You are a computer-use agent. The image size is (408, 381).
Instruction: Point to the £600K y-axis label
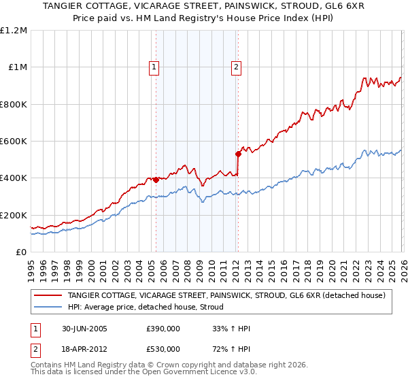coord(14,142)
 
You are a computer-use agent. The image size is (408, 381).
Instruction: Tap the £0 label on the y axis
coord(22,252)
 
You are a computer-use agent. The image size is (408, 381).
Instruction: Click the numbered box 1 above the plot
coord(155,67)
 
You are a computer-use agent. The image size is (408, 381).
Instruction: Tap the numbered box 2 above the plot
coord(236,67)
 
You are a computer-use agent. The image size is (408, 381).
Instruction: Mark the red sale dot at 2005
coord(156,180)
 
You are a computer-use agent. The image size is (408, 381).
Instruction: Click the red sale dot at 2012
coord(238,154)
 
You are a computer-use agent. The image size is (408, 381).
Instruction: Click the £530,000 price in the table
coord(163,349)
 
